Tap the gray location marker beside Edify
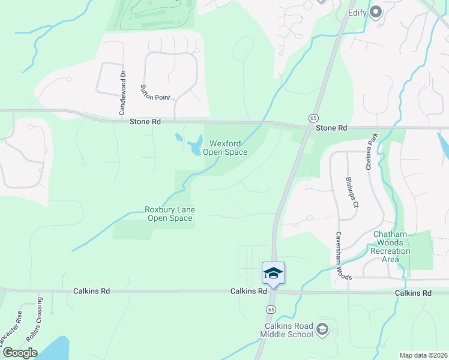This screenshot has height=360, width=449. (376, 11)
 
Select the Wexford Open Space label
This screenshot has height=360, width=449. (228, 148)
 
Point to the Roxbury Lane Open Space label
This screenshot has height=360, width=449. (170, 214)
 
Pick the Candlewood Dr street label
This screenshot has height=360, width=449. (122, 93)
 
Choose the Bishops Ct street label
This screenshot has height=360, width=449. (351, 192)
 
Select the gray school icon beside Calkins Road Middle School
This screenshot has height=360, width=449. (322, 328)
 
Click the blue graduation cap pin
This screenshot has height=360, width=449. (273, 273)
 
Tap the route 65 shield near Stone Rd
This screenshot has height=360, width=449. (313, 117)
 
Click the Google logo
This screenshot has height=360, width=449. (20, 352)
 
